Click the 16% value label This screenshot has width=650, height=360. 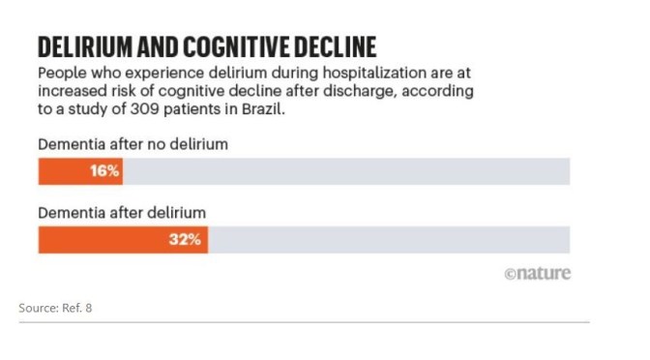104,171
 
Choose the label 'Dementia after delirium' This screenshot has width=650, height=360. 110,213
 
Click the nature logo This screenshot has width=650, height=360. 538,273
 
